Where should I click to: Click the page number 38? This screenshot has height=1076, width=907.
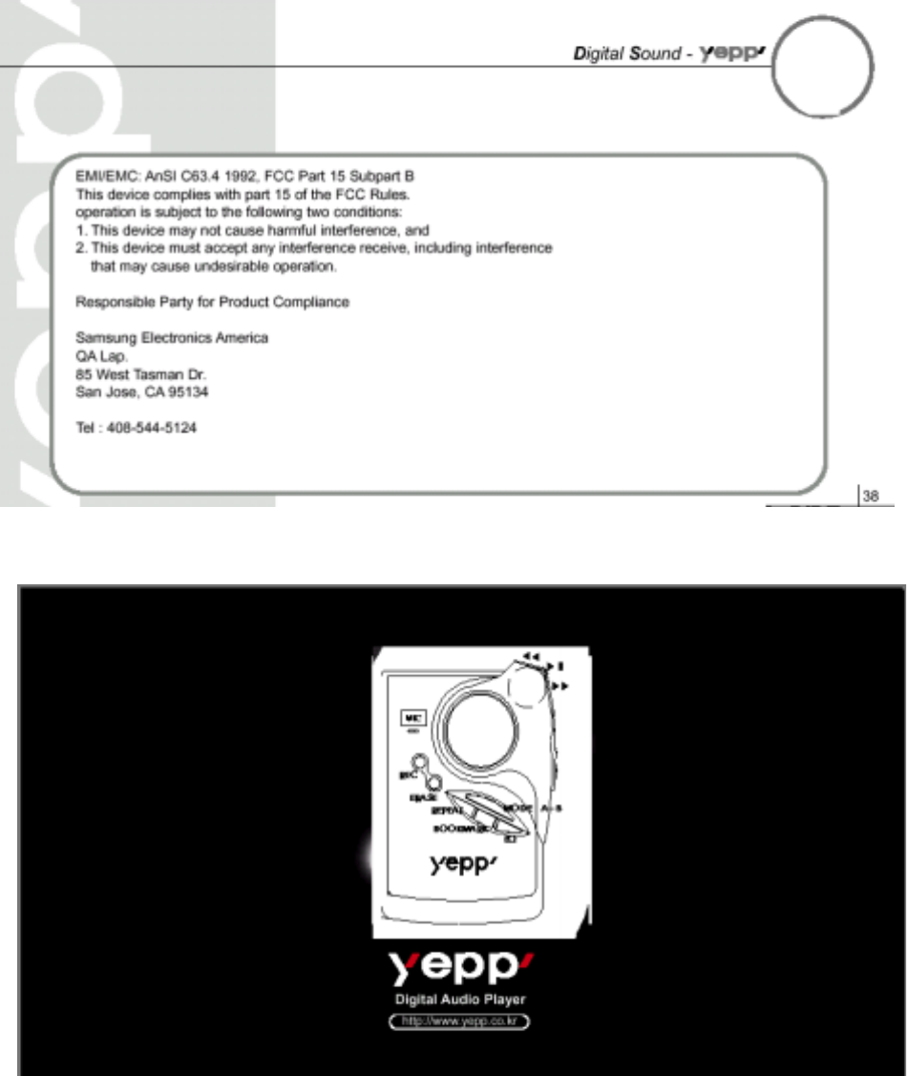[x=869, y=496]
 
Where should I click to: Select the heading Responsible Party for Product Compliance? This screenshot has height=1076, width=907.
[x=212, y=302]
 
